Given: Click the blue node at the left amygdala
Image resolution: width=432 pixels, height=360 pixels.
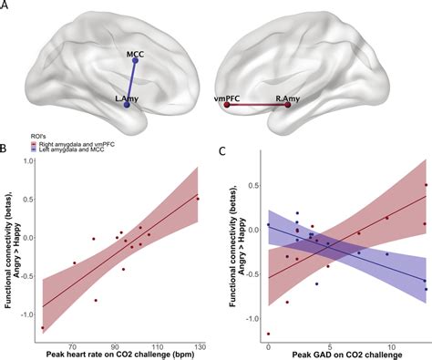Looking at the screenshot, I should [x=127, y=106].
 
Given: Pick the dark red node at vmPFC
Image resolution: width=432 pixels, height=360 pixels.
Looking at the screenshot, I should [x=227, y=106].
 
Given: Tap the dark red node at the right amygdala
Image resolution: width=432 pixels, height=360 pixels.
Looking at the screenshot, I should [x=288, y=106].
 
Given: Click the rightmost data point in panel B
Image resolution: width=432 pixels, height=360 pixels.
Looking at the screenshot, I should [x=198, y=199].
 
